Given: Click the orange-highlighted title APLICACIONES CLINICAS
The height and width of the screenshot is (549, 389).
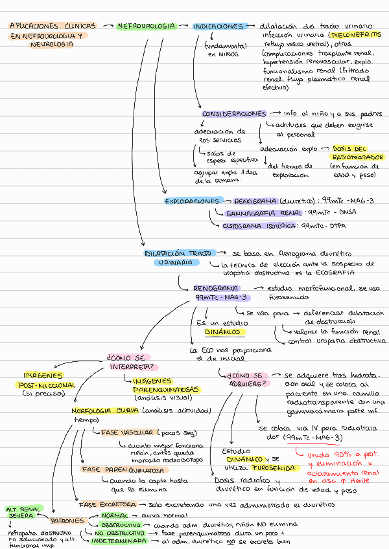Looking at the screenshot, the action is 52,27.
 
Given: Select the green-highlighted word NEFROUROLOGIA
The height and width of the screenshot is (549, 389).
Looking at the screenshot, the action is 147,27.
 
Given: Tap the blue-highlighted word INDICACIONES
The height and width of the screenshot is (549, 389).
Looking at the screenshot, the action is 218,27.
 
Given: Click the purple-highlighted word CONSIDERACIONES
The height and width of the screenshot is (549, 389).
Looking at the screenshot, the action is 234,114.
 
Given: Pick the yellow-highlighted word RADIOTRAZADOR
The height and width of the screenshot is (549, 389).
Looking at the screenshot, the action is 357,157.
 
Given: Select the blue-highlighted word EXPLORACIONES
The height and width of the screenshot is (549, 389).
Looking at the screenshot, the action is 192,201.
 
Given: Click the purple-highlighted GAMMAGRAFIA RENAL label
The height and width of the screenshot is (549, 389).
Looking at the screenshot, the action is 265,213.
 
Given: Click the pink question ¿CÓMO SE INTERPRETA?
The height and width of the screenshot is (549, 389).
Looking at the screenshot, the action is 128,361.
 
